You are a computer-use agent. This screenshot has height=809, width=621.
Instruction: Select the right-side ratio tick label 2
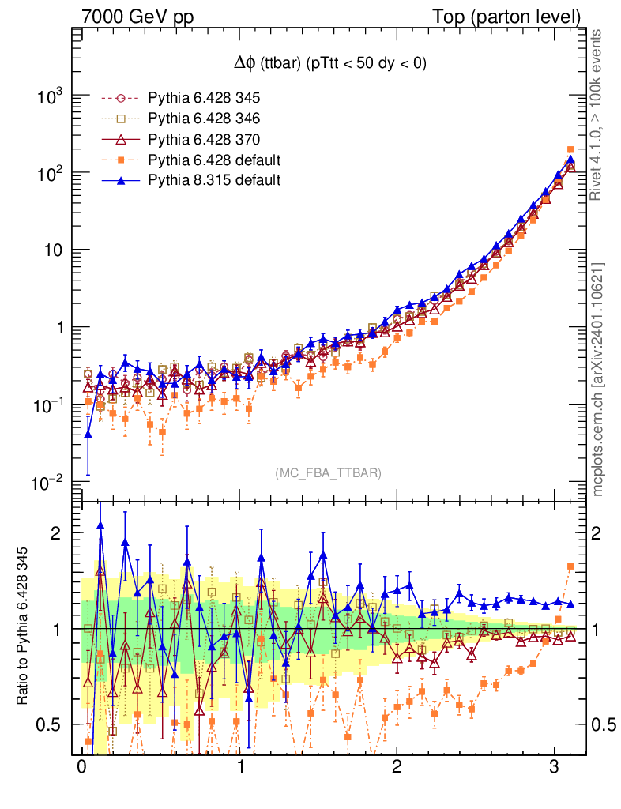tap(600, 532)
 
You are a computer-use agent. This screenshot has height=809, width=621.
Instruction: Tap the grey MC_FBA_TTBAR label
tap(329, 473)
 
